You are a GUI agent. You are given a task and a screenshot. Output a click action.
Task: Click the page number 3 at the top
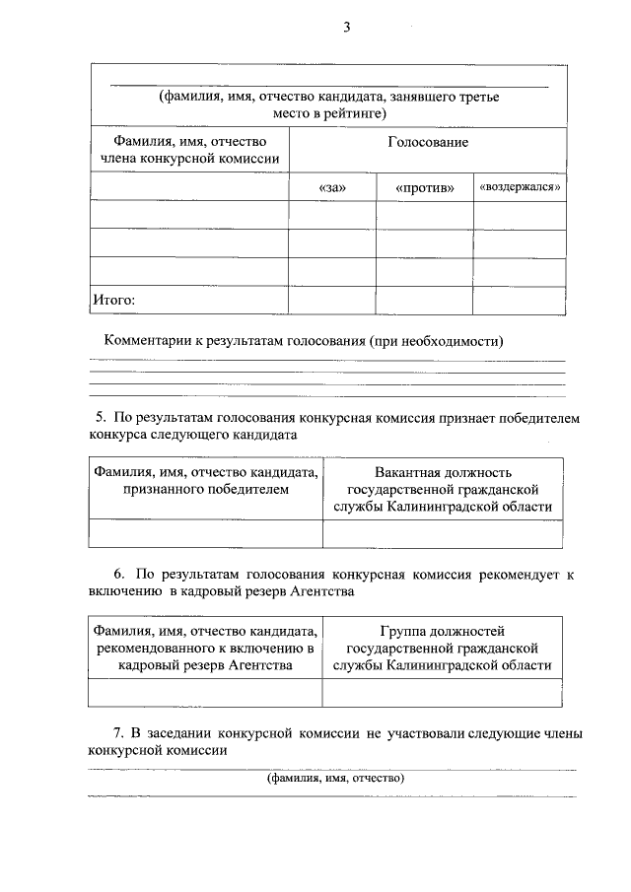tap(347, 27)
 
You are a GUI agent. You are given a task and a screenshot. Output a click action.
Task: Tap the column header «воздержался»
tap(520, 186)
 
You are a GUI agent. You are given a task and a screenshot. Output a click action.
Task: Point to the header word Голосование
tap(428, 143)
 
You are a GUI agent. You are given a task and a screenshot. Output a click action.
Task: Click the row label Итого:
tap(113, 300)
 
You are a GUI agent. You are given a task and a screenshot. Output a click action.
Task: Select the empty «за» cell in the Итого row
tap(332, 300)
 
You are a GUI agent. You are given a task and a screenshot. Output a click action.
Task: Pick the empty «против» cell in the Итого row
tap(424, 300)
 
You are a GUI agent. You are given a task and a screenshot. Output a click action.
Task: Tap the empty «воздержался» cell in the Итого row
tap(520, 300)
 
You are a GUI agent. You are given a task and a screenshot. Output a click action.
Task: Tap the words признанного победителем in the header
tap(206, 489)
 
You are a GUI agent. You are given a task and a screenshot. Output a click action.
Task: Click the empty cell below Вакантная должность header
tap(443, 533)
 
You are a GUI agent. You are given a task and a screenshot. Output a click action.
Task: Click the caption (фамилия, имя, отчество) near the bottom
tap(328, 779)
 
